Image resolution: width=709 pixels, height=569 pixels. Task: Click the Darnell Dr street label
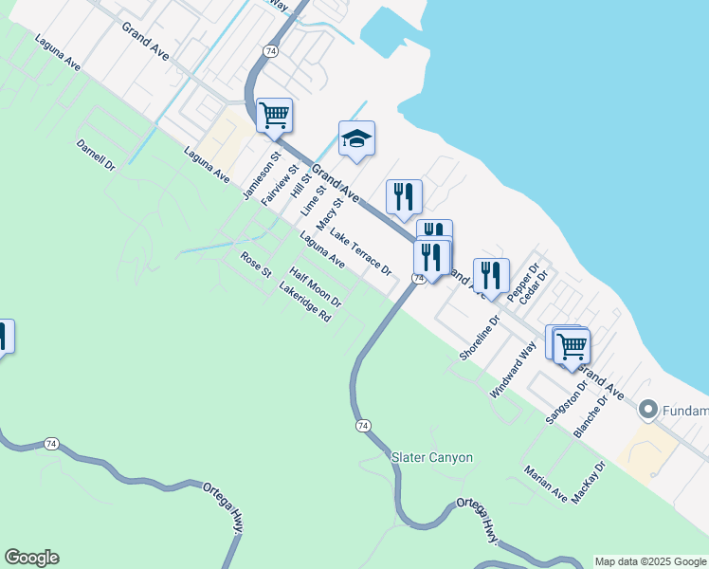pyautogui.click(x=96, y=156)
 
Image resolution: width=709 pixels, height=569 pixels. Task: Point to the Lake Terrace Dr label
pyautogui.click(x=360, y=253)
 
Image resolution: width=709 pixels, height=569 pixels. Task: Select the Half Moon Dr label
pyautogui.click(x=315, y=286)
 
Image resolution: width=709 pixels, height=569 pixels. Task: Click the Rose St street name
pyautogui.click(x=256, y=263)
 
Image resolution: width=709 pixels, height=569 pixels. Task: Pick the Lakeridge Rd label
pyautogui.click(x=304, y=303)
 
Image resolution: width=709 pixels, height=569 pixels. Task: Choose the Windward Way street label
pyautogui.click(x=513, y=367)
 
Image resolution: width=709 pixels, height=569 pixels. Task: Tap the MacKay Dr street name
pyautogui.click(x=589, y=484)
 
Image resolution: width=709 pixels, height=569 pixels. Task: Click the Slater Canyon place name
pyautogui.click(x=432, y=457)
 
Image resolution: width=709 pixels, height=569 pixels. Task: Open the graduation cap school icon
pyautogui.click(x=357, y=138)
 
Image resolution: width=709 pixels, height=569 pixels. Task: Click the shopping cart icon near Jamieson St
pyautogui.click(x=274, y=116)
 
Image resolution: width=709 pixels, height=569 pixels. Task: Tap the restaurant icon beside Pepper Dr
pyautogui.click(x=491, y=275)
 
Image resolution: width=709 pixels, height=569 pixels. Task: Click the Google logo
pyautogui.click(x=31, y=558)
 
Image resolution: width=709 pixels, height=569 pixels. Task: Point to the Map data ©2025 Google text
pyautogui.click(x=650, y=561)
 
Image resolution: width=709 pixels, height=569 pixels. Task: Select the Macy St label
pyautogui.click(x=329, y=213)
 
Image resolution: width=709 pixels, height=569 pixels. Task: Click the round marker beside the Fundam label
pyautogui.click(x=648, y=410)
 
